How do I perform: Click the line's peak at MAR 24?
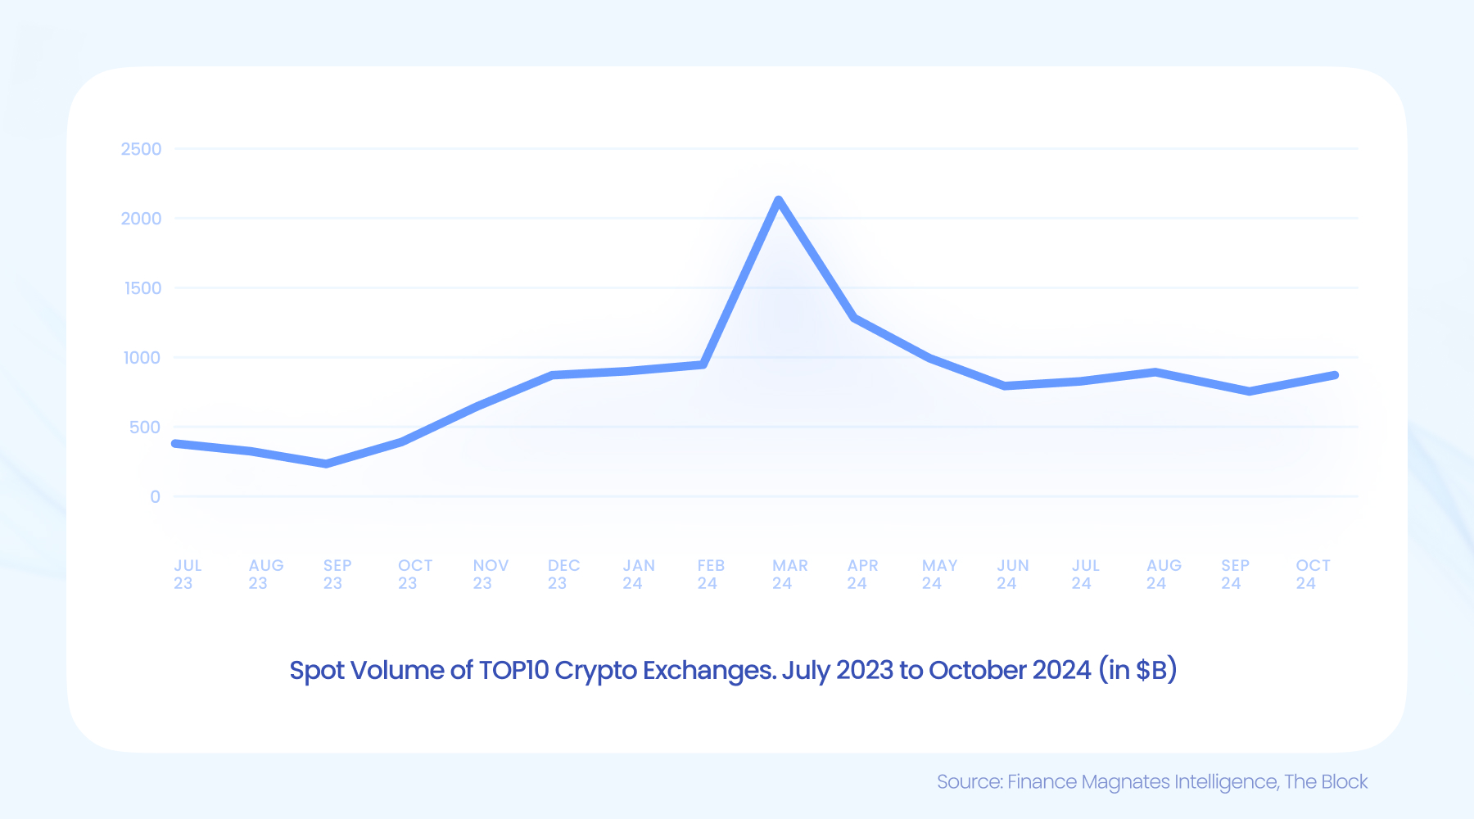pos(778,200)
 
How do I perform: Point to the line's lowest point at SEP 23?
pos(327,464)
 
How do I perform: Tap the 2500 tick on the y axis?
pos(141,149)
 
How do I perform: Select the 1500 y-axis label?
pos(142,288)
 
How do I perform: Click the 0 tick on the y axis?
pos(155,497)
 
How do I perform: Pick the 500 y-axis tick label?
pos(144,428)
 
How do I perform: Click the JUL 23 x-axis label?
pos(187,574)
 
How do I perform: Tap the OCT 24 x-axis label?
pos(1312,574)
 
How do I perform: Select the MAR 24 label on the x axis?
pos(789,574)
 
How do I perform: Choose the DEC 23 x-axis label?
pos(563,574)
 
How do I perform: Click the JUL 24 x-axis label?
pos(1085,574)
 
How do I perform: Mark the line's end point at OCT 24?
pos(1335,375)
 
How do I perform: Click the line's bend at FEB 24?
pos(703,364)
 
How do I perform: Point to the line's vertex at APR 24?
pos(855,318)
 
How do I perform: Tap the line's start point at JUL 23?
pos(175,443)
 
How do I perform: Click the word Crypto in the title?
pos(595,670)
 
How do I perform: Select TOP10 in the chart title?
pos(513,670)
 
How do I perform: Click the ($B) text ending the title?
pos(1155,670)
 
